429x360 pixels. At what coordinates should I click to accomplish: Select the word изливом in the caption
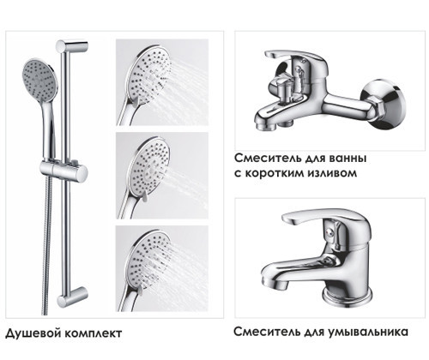[331, 174]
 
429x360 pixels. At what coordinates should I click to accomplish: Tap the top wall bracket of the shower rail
[75, 44]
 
